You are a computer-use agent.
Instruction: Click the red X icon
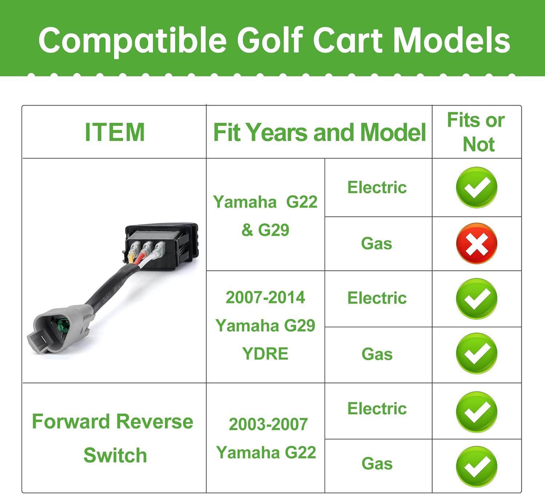coord(477,243)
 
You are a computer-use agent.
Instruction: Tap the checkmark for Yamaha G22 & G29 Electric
coord(477,187)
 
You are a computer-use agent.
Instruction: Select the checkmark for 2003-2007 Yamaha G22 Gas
coord(477,467)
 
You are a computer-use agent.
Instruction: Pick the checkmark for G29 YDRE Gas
coord(477,353)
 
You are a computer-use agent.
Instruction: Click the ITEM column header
coord(115,132)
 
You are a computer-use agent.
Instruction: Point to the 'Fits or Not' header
coord(476,132)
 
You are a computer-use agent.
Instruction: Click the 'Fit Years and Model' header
coord(319,132)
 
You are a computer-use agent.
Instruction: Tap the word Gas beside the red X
coord(376,243)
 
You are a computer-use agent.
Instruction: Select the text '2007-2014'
coord(265,297)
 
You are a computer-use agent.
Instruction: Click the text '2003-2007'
coord(268,424)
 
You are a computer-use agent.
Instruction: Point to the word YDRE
coord(265,354)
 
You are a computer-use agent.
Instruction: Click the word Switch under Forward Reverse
coord(115,455)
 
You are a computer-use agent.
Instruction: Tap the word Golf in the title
coord(270,40)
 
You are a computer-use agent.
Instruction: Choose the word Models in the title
coord(451,40)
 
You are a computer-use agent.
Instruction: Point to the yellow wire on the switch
coord(131,258)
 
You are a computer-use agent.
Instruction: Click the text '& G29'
coord(265,230)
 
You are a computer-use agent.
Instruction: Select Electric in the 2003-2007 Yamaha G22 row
coord(377,409)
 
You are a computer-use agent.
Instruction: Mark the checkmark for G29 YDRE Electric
coord(477,299)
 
